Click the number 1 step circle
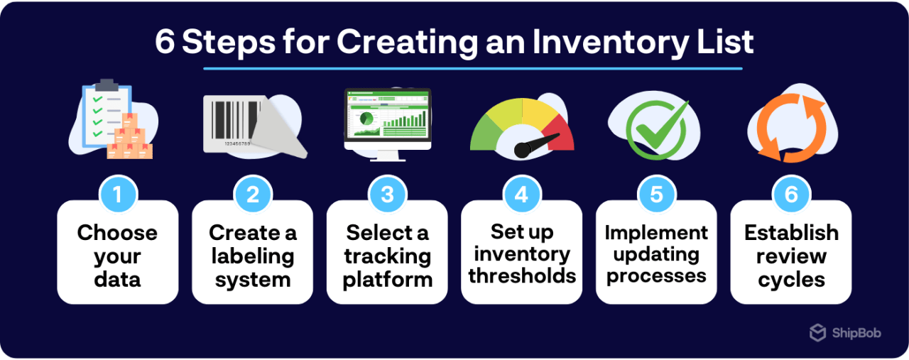pyautogui.click(x=117, y=194)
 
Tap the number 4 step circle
pyautogui.click(x=521, y=194)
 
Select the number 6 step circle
pyautogui.click(x=791, y=194)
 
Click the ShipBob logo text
pyautogui.click(x=855, y=332)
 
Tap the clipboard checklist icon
pyautogui.click(x=104, y=114)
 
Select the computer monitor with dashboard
pyautogui.click(x=388, y=121)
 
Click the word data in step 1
pyautogui.click(x=117, y=280)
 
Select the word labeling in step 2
pyautogui.click(x=252, y=256)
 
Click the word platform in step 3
pyautogui.click(x=387, y=280)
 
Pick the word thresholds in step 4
pyautogui.click(x=522, y=276)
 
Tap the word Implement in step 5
pyautogui.click(x=656, y=233)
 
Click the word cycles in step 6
pyautogui.click(x=791, y=280)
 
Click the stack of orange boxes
pyautogui.click(x=129, y=138)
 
